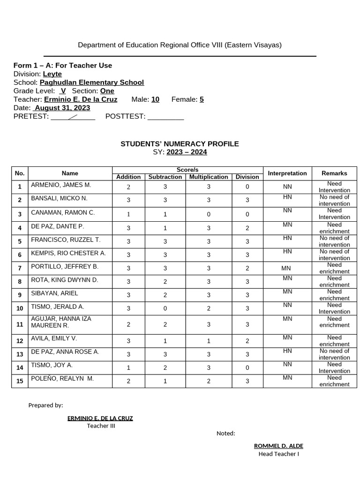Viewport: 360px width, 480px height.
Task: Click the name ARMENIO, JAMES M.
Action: (x=61, y=185)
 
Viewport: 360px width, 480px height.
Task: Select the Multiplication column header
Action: (x=209, y=177)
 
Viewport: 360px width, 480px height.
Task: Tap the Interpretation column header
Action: (x=287, y=173)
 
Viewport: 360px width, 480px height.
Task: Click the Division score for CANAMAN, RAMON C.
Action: (x=247, y=214)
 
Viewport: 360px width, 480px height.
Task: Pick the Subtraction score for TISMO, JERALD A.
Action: (x=165, y=308)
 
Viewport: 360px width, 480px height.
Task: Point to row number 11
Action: (x=20, y=324)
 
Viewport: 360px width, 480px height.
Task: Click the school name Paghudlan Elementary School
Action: (x=92, y=82)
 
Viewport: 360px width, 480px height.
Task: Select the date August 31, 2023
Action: (x=62, y=108)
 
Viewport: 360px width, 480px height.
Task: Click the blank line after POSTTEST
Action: (x=165, y=117)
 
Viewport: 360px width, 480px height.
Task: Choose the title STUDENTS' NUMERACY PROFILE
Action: (x=180, y=144)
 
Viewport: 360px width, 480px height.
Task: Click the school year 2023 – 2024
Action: (x=187, y=152)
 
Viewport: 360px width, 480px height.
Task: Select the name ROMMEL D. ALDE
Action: (x=278, y=446)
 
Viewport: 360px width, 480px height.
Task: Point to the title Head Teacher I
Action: (x=278, y=454)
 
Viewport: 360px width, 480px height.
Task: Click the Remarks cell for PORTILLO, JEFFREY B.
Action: (x=334, y=268)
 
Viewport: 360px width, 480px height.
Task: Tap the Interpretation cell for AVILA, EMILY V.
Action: (x=287, y=337)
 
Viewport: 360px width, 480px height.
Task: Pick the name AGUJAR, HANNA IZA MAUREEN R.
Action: (x=61, y=322)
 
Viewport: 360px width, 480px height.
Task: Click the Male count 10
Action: (x=155, y=99)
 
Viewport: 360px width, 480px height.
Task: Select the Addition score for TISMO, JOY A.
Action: (x=128, y=368)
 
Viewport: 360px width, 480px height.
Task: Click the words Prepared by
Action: (x=45, y=405)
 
